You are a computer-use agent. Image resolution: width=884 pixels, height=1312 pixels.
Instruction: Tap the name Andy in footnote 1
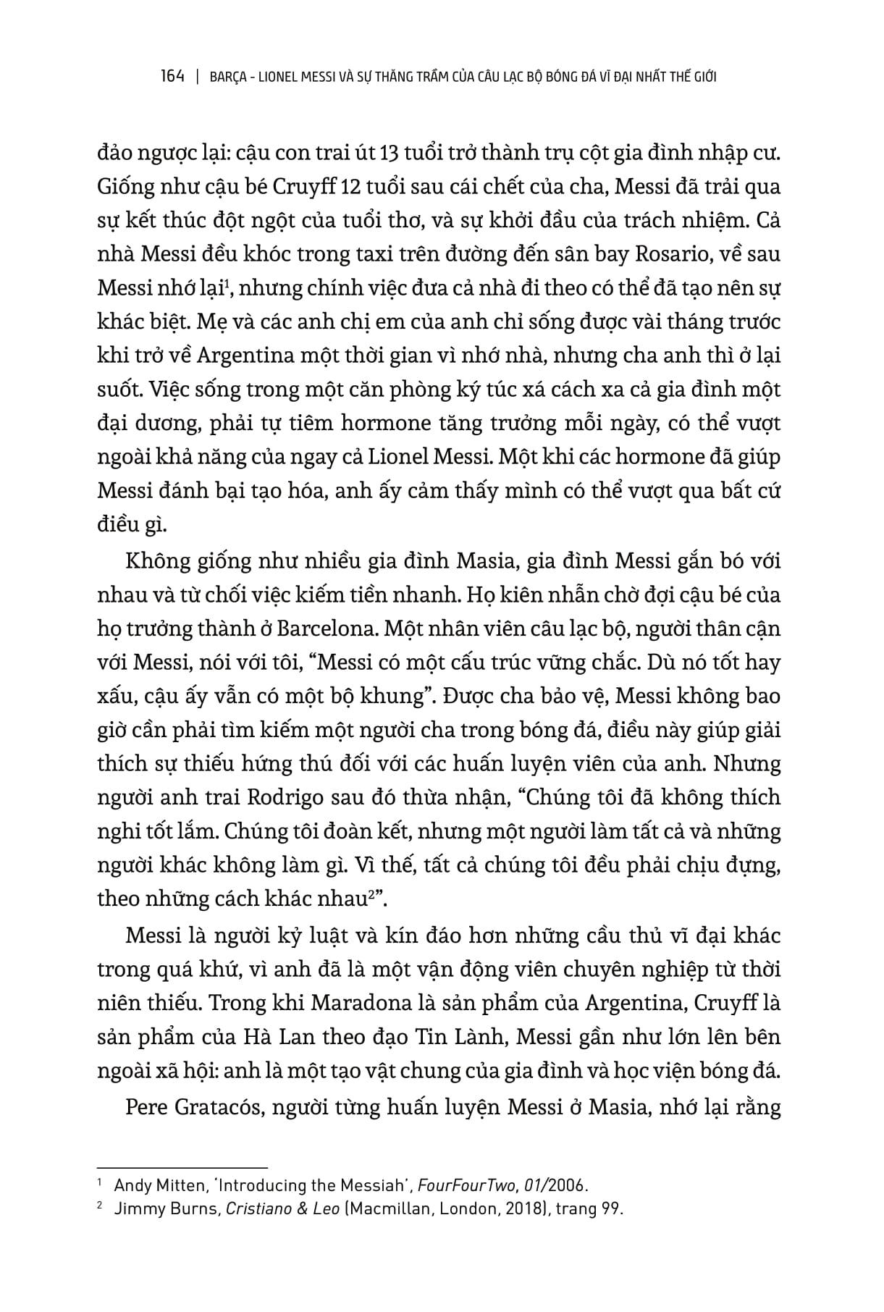(129, 1185)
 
